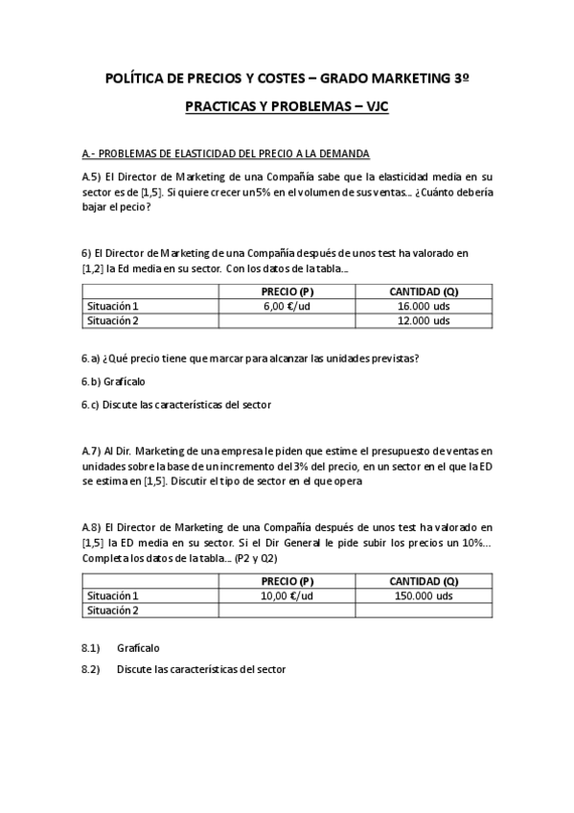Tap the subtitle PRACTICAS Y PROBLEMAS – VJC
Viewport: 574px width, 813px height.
[287, 109]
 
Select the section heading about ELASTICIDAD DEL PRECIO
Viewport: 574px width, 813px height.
[225, 154]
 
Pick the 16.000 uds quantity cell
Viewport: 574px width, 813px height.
[424, 306]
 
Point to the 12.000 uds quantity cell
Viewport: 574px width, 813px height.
[424, 321]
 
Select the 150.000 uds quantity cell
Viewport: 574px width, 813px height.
[424, 595]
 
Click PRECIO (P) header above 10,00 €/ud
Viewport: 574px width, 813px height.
[287, 581]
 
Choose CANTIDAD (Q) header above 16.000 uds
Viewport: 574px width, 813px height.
[424, 291]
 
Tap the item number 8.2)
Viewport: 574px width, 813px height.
[91, 669]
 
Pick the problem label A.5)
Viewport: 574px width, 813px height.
[91, 177]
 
